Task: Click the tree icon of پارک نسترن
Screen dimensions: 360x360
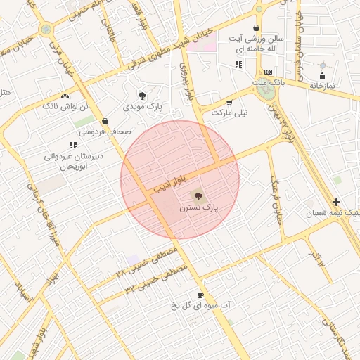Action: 195,195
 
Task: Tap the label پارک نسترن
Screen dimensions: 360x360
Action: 199,209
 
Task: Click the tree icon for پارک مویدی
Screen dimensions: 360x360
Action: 143,95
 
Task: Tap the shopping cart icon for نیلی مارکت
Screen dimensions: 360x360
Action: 229,102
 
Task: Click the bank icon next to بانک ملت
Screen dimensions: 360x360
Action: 267,72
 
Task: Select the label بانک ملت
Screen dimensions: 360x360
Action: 269,82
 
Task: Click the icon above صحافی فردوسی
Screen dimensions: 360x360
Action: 105,121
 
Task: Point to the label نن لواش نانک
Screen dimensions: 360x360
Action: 65,106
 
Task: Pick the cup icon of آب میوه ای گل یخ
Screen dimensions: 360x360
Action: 201,295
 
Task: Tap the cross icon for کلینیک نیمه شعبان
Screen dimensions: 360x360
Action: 336,202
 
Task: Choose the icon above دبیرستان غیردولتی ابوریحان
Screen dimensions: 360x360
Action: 73,145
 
